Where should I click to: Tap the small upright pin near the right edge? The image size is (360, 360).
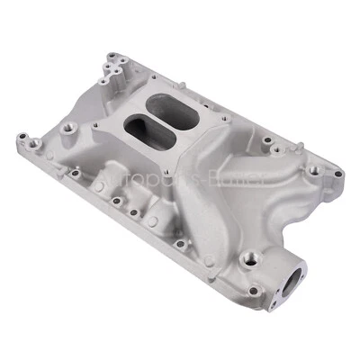[x=265, y=139]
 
